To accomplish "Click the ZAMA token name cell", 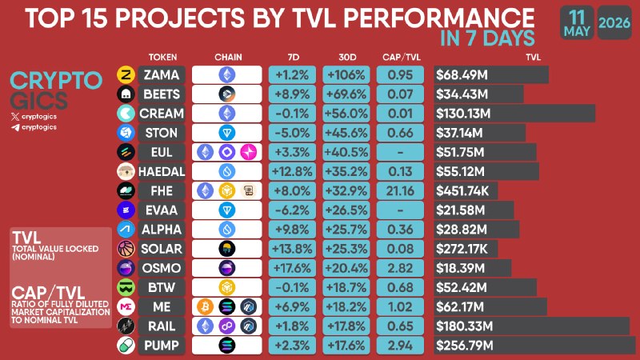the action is tap(162, 74).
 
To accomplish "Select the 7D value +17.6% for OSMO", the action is tap(292, 268).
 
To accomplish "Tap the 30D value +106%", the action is tap(346, 74).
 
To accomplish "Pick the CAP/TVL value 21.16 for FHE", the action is tap(400, 191).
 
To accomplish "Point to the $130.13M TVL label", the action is tap(463, 114).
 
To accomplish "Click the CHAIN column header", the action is tap(228, 57).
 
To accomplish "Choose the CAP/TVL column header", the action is tap(402, 57).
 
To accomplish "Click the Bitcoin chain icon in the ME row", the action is tap(205, 306).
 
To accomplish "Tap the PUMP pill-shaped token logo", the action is tap(126, 346).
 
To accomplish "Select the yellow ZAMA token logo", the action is tap(126, 74).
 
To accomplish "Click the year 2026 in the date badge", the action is tap(614, 22).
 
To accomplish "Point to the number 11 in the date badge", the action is tap(577, 18).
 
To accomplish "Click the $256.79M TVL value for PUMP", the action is tap(465, 346).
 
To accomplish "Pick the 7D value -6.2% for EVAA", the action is tap(292, 210).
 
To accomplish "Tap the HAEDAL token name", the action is tap(162, 171).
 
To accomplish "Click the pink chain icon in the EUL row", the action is tap(248, 152).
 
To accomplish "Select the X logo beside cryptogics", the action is tap(15, 117).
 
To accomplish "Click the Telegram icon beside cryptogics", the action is tap(15, 127).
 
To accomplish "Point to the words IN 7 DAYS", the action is tap(487, 38).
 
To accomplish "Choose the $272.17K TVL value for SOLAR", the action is tap(462, 249).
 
